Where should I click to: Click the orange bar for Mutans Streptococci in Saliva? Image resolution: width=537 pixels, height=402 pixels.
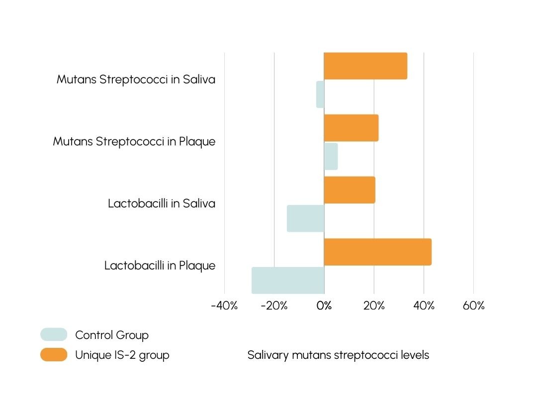[365, 66]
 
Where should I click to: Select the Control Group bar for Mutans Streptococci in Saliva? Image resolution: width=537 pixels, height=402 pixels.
[320, 94]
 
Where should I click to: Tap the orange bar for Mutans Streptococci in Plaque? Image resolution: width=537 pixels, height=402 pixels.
[351, 128]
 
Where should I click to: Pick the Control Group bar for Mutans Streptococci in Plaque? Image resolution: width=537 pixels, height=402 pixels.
[331, 156]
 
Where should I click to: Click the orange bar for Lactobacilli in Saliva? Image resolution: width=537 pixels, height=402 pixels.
[350, 190]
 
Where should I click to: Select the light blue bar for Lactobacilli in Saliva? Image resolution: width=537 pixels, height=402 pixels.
[305, 218]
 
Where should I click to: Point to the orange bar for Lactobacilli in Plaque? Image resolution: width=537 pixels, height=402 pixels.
[377, 252]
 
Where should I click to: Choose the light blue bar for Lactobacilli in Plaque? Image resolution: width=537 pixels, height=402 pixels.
[288, 280]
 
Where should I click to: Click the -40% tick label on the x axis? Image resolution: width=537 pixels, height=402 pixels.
[224, 306]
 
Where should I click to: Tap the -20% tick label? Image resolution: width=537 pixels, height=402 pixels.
[274, 306]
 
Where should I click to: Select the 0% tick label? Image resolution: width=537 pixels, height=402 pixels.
[324, 306]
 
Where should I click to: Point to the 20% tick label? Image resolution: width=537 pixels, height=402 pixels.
[374, 306]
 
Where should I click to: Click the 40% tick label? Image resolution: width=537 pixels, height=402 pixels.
[424, 306]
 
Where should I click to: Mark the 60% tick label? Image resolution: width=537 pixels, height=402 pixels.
[473, 306]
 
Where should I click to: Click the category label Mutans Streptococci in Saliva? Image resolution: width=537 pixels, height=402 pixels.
[136, 79]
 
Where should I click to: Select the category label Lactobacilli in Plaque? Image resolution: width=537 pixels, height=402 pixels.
[160, 266]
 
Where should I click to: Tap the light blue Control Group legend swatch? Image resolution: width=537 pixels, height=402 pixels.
[54, 335]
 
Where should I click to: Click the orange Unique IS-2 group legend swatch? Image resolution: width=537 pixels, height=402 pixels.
[54, 355]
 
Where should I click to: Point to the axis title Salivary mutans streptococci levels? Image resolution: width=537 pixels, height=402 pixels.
[338, 355]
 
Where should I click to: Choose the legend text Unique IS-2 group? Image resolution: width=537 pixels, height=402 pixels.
[122, 355]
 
